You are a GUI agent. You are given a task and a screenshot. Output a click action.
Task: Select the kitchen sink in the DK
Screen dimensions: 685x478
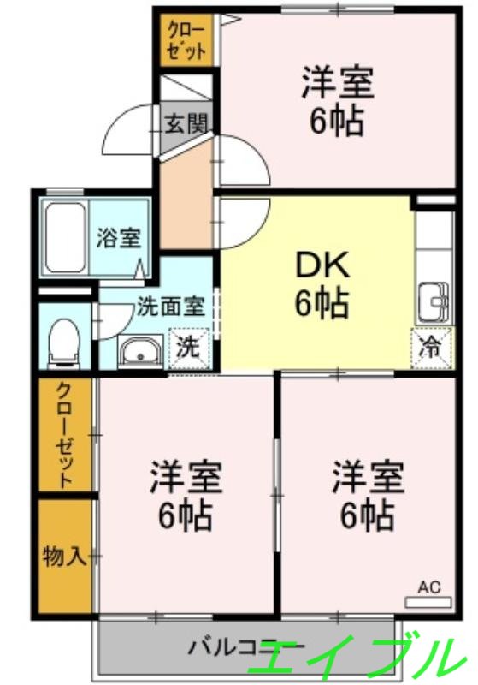tap(431, 302)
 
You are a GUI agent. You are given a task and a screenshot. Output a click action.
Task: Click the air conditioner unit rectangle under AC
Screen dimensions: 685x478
tap(428, 602)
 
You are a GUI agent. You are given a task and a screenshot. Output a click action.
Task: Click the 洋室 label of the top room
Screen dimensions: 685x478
tap(337, 86)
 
